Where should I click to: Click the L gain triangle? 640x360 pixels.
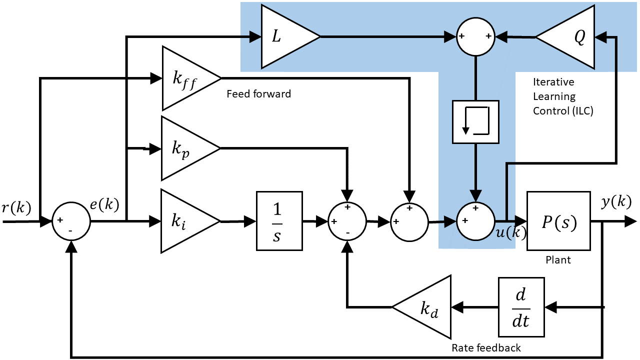coord(285,36)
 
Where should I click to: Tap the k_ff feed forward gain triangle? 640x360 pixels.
coord(186,78)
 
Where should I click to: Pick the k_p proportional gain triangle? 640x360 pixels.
coord(184,148)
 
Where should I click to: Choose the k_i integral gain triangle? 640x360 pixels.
coord(184,221)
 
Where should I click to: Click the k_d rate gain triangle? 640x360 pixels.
coord(426,306)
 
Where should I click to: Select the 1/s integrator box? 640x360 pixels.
coord(279,221)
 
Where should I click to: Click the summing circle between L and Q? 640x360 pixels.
coord(475,37)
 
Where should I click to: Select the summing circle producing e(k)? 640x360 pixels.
coord(70,221)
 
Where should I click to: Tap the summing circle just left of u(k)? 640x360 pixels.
coord(475,221)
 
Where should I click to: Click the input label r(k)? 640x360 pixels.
coord(16,208)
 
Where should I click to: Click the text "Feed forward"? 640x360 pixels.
coord(258,94)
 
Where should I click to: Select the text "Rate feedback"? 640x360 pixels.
coord(486,348)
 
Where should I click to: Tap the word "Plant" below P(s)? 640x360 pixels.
coord(558,260)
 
